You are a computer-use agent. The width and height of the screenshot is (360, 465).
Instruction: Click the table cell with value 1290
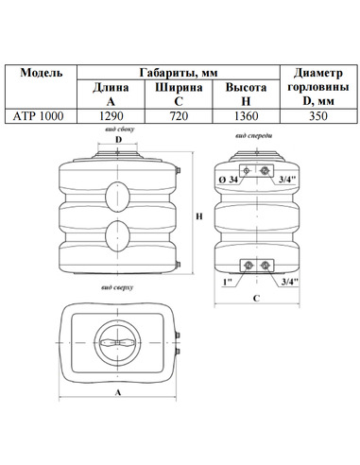click(x=111, y=116)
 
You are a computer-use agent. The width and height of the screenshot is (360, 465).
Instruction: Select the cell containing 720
click(x=179, y=116)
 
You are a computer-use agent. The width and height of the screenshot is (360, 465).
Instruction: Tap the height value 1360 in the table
click(x=246, y=116)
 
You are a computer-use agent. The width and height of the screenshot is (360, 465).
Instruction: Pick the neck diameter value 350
click(x=318, y=116)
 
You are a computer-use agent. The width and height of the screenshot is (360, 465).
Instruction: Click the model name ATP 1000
click(x=38, y=116)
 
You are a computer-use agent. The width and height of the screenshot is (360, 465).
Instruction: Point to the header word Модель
click(x=42, y=73)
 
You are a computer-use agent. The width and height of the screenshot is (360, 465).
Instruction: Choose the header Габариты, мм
click(x=179, y=73)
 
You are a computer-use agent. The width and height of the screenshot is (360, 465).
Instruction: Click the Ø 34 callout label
click(x=229, y=180)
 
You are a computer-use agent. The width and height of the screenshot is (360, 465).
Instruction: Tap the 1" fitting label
click(x=228, y=282)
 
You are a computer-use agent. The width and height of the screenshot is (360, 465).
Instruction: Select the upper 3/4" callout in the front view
click(x=287, y=180)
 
